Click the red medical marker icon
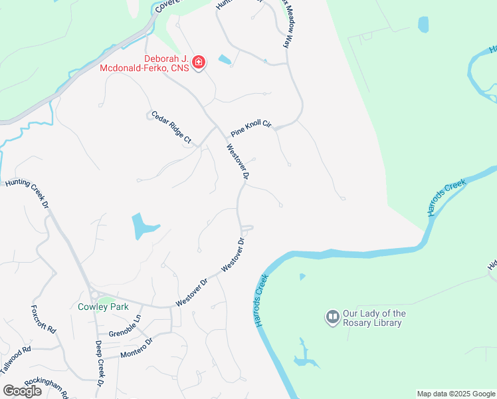199,63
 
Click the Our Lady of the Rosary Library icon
332,317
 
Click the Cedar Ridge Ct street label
171,127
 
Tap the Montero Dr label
137,348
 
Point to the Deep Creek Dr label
99,363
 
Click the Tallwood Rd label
16,357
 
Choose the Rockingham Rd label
47,387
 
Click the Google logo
23,391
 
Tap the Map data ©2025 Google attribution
456,394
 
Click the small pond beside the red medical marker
225,60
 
